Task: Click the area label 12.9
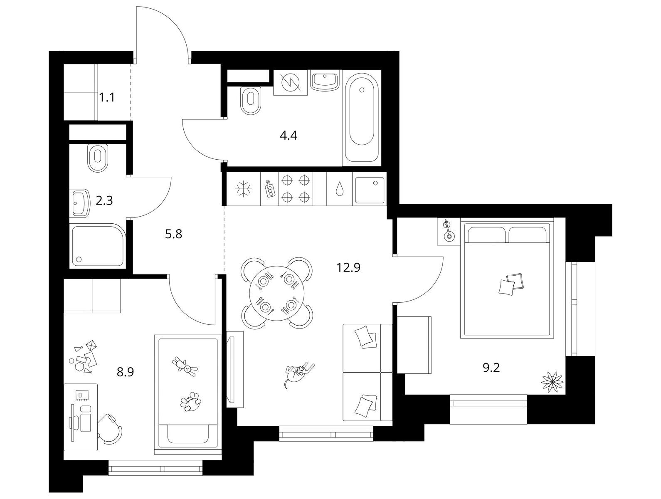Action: pos(348,267)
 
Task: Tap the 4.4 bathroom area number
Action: pos(289,136)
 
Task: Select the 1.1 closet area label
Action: pos(107,98)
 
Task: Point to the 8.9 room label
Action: pos(125,372)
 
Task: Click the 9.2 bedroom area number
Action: pos(491,368)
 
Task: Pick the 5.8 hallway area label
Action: pos(174,234)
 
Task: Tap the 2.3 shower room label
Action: pos(104,200)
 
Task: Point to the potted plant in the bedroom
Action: pos(552,382)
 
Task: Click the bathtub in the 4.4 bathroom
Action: pos(362,118)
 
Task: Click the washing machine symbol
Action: pos(290,82)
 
